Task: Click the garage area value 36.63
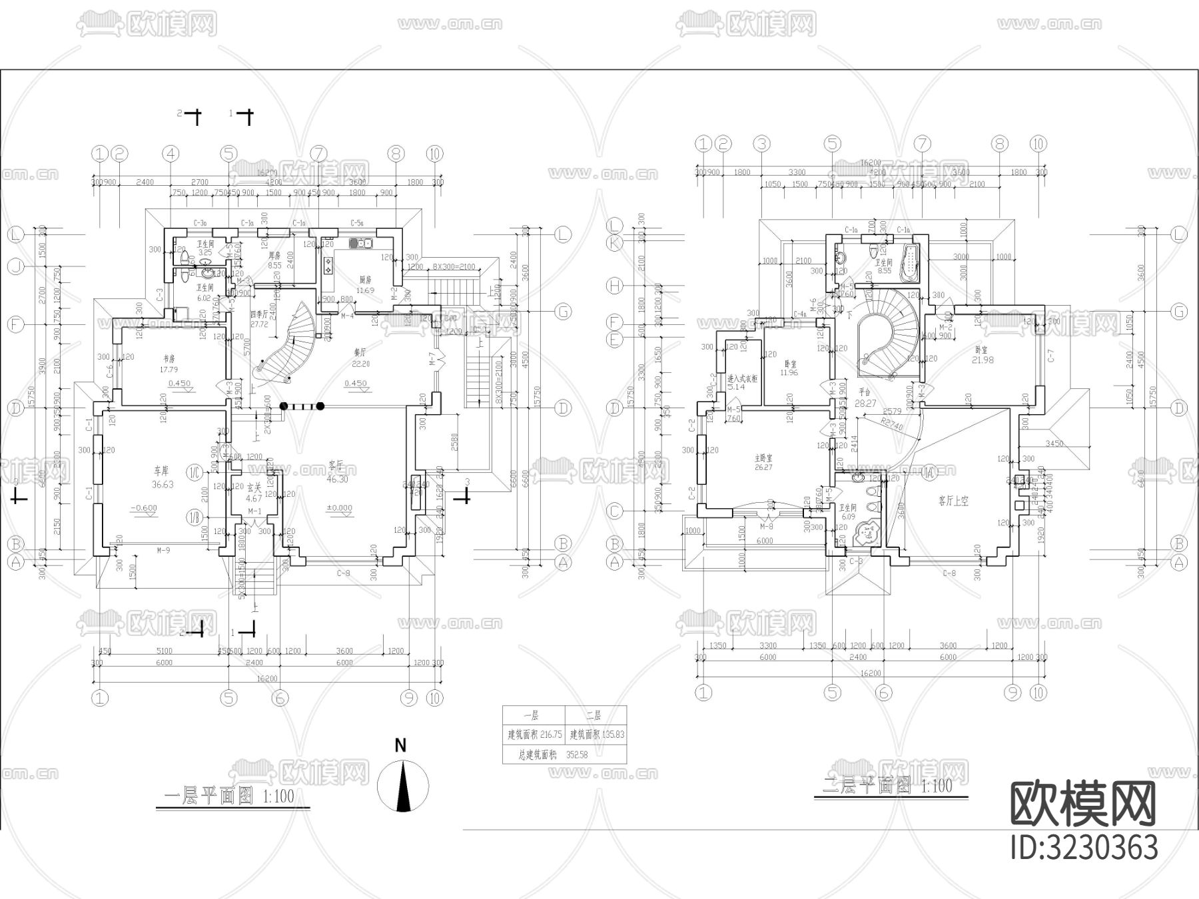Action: click(x=162, y=485)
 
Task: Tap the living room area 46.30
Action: click(x=337, y=479)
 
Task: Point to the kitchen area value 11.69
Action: click(x=365, y=290)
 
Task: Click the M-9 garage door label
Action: click(x=163, y=551)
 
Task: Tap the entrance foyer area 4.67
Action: click(x=254, y=497)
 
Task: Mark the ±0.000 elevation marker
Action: click(x=340, y=508)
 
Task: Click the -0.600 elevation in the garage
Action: click(x=144, y=508)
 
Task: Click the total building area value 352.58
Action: click(x=577, y=755)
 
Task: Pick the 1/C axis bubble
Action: click(x=195, y=473)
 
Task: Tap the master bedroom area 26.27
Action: click(x=763, y=467)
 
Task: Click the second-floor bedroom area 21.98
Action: click(x=983, y=360)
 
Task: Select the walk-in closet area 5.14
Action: click(x=735, y=387)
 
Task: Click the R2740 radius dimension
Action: click(x=891, y=425)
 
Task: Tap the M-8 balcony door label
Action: click(x=767, y=526)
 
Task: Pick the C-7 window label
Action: click(x=1051, y=356)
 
